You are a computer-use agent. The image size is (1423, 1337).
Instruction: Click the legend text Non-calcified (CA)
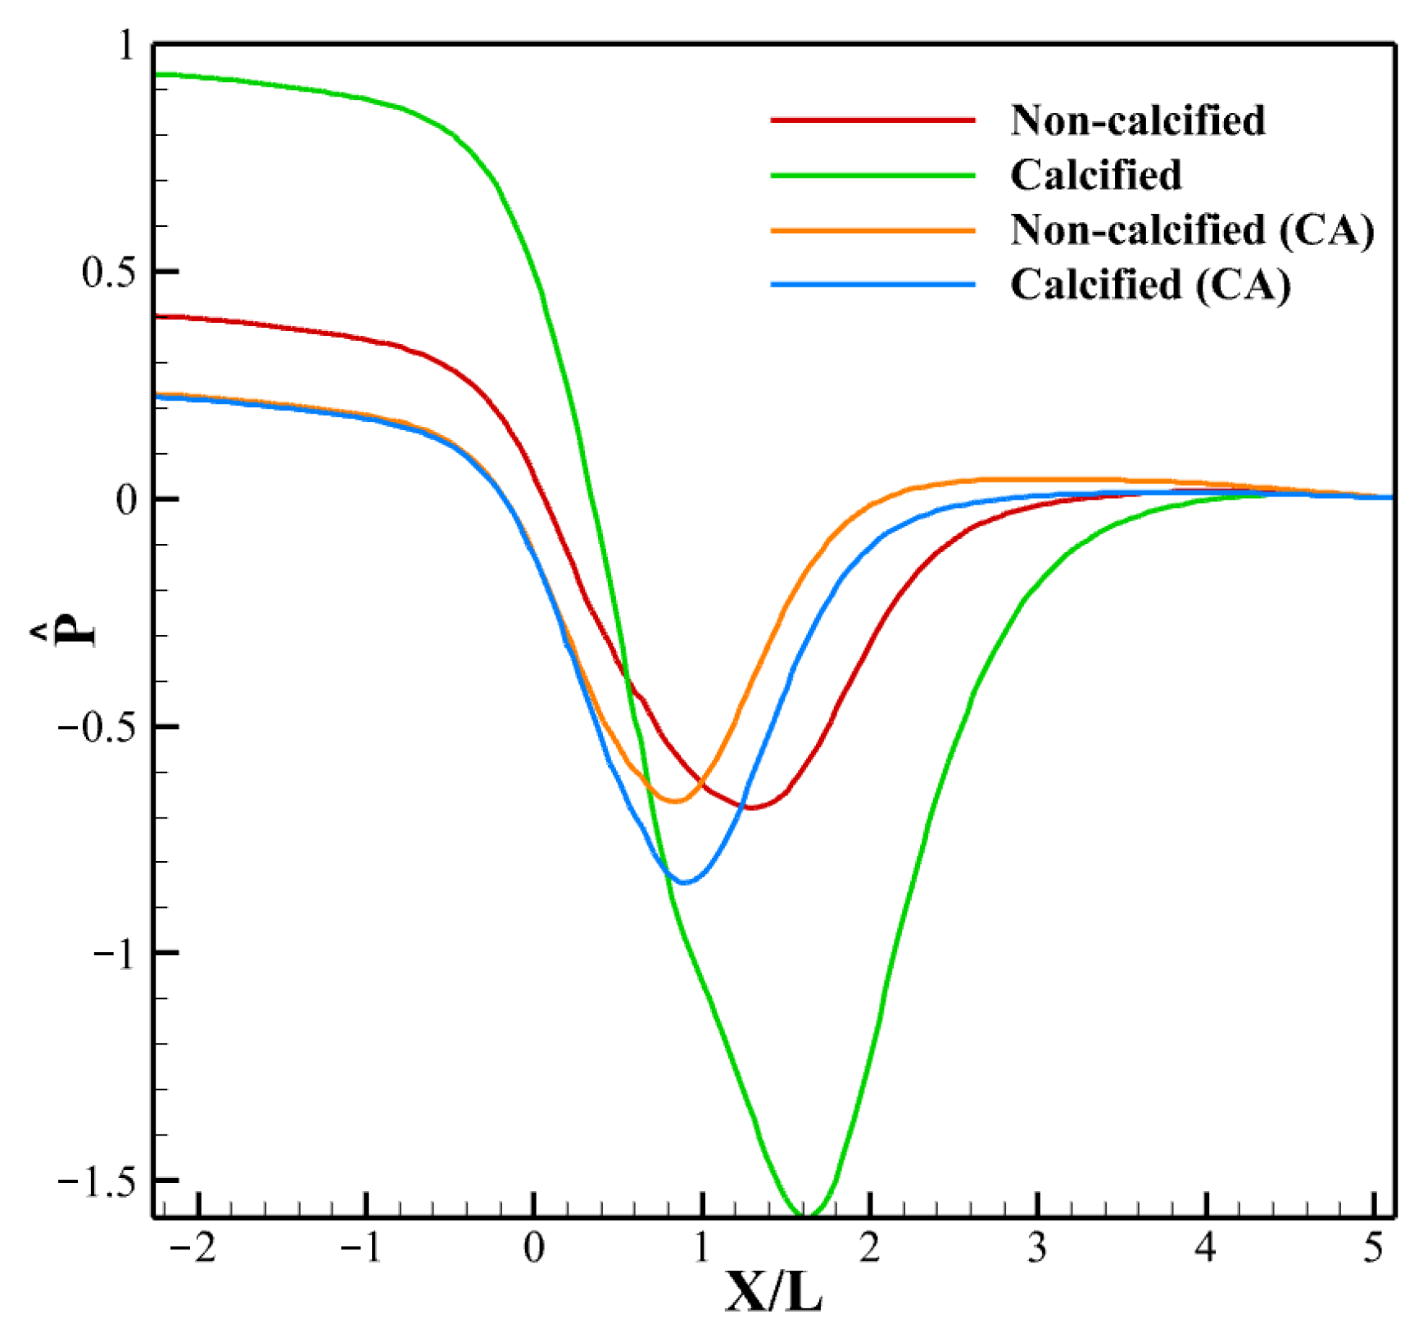click(x=1192, y=230)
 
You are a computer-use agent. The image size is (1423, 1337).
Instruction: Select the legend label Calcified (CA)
click(x=1150, y=285)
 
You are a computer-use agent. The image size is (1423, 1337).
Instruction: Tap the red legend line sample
click(x=872, y=120)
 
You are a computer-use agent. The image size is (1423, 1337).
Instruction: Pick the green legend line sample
click(x=872, y=174)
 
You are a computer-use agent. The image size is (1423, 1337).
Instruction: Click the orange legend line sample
click(x=872, y=230)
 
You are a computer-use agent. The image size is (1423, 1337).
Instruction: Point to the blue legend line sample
click(x=872, y=285)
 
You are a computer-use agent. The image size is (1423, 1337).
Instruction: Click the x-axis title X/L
click(x=773, y=1294)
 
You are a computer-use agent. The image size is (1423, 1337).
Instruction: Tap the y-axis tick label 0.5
click(x=106, y=273)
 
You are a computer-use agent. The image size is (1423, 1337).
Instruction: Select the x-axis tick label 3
click(x=1037, y=1249)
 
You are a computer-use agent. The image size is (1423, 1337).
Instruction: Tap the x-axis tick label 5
click(x=1373, y=1249)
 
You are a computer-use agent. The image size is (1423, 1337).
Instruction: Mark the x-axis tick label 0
click(x=534, y=1249)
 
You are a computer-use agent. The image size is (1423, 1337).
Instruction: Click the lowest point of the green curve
click(x=802, y=1214)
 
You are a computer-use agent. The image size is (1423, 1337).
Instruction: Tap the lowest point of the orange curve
click(x=677, y=800)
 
